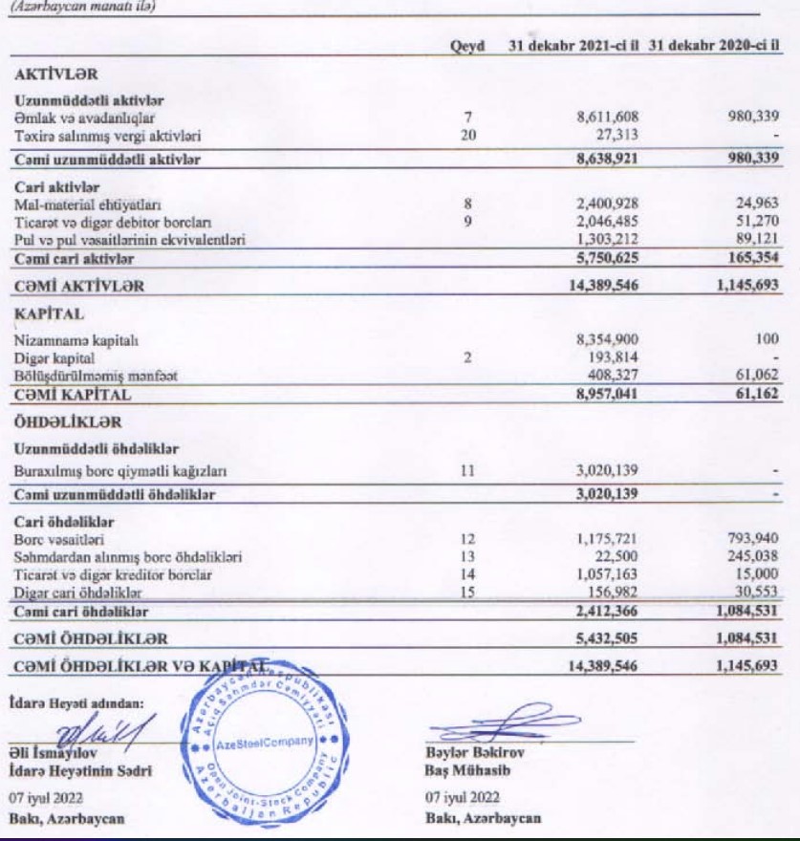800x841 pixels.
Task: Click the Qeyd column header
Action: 468,46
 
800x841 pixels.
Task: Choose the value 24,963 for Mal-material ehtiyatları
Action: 752,203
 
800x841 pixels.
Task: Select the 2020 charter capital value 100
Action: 765,339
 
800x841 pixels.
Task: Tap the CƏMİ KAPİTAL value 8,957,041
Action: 600,393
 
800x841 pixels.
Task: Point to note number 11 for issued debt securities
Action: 468,471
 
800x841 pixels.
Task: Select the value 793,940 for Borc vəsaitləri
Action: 748,540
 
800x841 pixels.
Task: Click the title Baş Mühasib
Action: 463,770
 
